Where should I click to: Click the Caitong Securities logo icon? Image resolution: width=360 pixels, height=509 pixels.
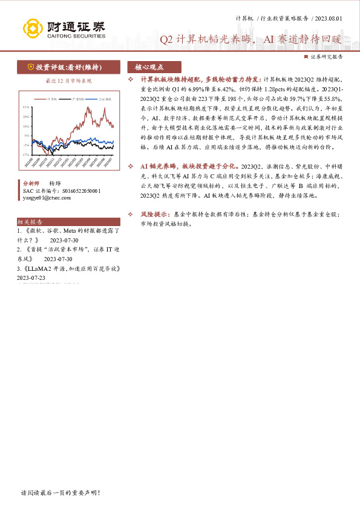31,28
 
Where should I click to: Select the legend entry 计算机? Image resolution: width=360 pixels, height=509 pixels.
51,98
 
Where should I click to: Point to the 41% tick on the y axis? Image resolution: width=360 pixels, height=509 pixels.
25,106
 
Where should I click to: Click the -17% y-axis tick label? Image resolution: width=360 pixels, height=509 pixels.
25,155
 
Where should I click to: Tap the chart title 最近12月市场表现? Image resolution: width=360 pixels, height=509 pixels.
69,80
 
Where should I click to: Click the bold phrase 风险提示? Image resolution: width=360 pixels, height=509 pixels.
153,214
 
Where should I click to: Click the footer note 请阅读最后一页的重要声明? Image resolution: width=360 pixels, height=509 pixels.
60,493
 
